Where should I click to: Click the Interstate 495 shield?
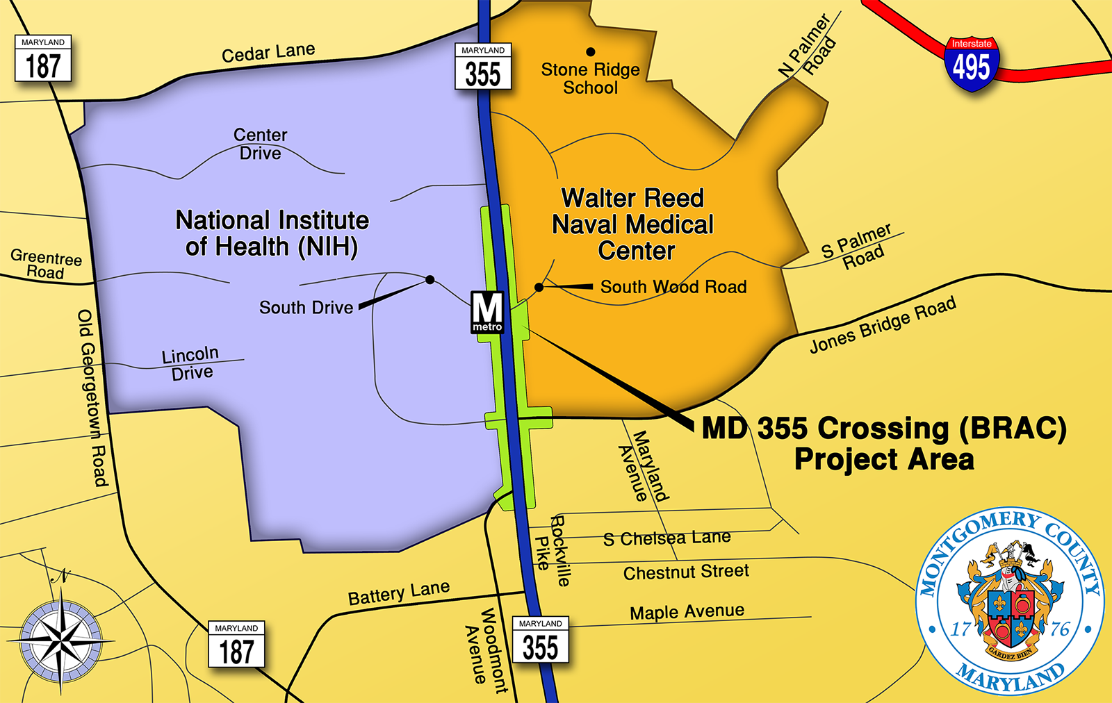(x=972, y=65)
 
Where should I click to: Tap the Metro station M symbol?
(x=487, y=312)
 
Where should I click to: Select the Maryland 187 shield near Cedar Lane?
(x=43, y=59)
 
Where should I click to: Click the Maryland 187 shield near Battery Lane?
(x=236, y=645)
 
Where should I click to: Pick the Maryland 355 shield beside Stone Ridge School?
(x=483, y=67)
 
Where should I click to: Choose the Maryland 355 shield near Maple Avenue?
(x=540, y=640)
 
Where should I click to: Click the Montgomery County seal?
(x=1009, y=602)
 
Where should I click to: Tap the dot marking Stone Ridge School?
(x=590, y=51)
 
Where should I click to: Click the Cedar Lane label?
(x=268, y=52)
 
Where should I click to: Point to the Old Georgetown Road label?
(x=92, y=398)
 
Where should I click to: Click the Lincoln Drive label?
(x=190, y=364)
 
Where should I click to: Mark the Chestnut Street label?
(x=686, y=572)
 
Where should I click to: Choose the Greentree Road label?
(x=46, y=265)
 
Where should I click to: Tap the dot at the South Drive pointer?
(x=430, y=279)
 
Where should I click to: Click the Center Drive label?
(x=260, y=144)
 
